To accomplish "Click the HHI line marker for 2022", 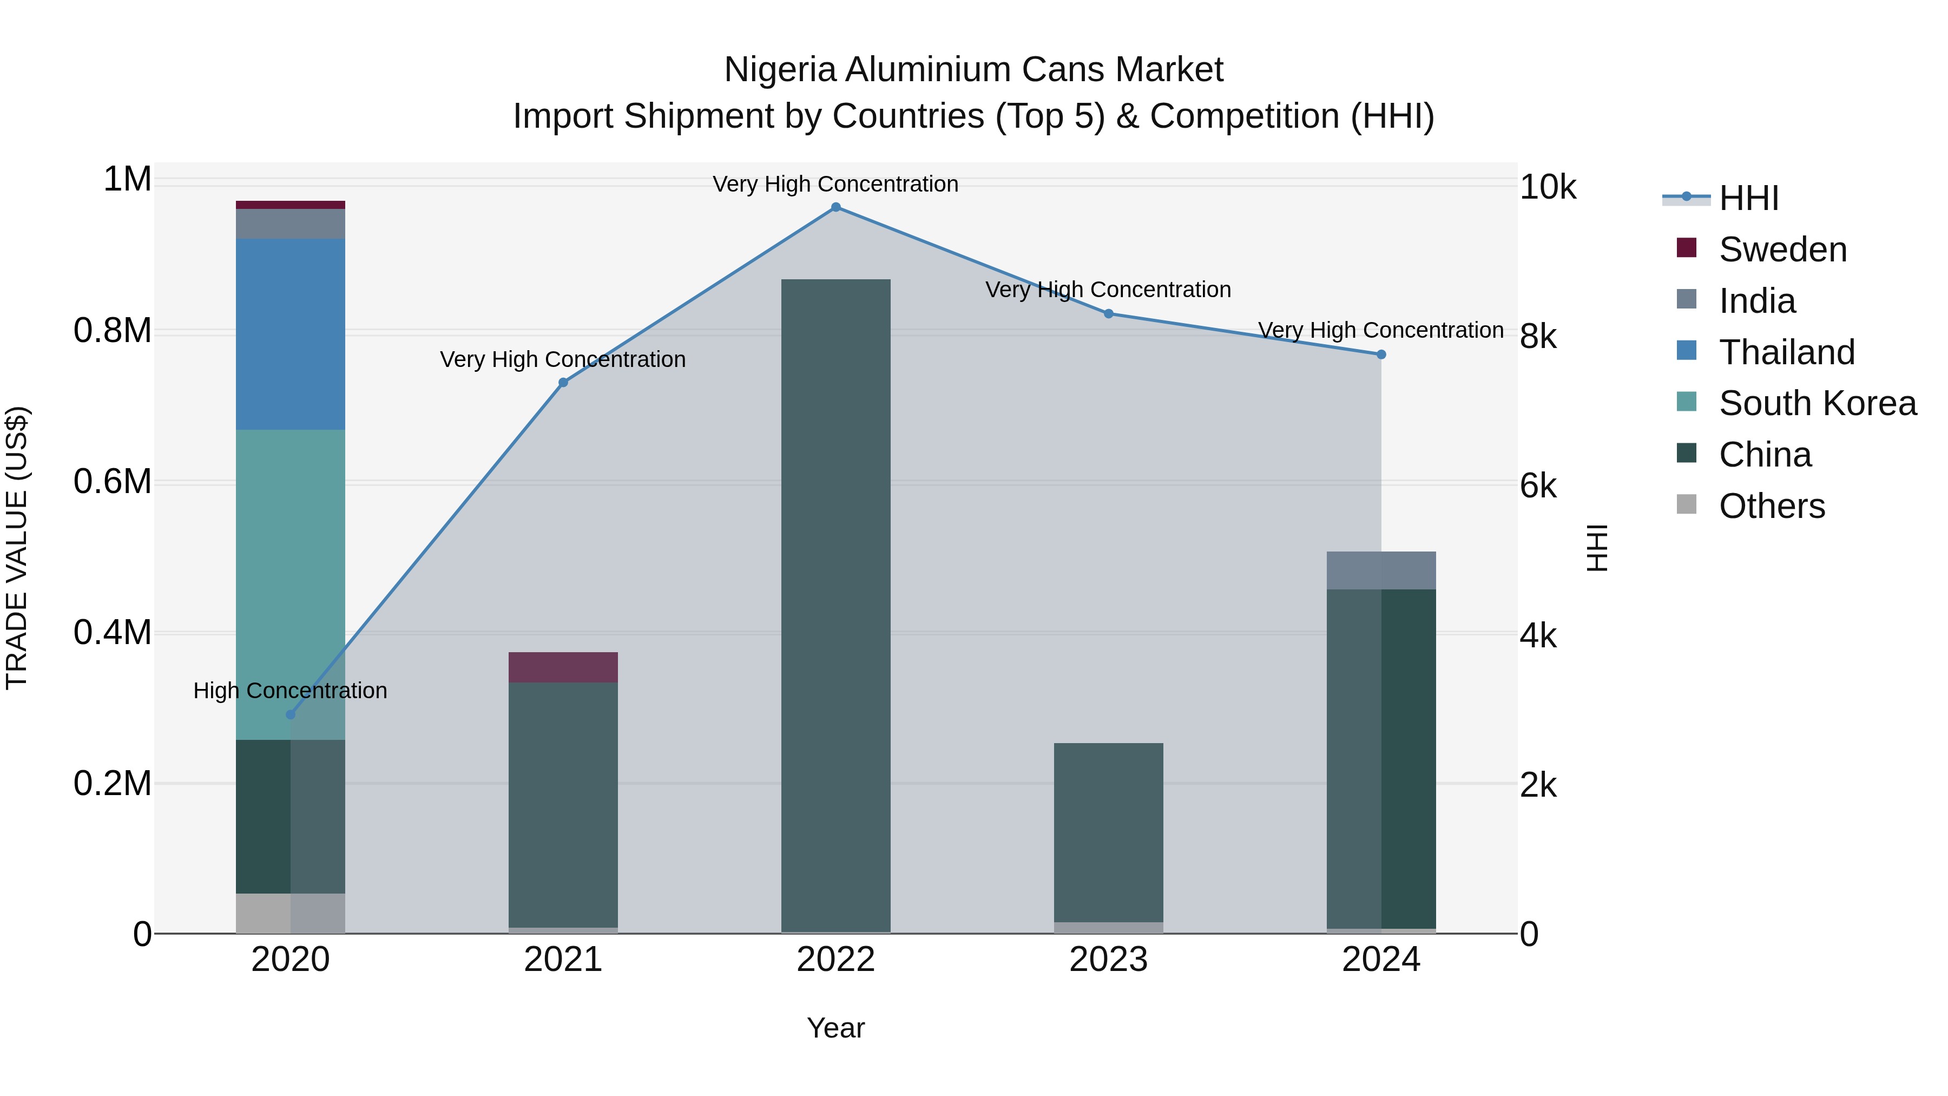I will point(835,207).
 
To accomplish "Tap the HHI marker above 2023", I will point(1109,314).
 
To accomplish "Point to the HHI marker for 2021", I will point(563,383).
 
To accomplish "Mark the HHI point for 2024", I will point(1381,355).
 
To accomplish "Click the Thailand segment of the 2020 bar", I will point(291,334).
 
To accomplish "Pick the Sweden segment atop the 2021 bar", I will point(563,668).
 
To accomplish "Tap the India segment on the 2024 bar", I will point(1381,570).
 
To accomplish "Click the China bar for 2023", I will point(1109,832).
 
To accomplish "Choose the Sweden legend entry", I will point(1782,250).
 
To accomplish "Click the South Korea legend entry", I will point(1817,403).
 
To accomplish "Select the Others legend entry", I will point(1771,506).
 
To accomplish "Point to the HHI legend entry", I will point(1748,198).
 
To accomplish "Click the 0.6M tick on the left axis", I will point(113,482).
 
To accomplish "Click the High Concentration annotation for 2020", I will point(291,691).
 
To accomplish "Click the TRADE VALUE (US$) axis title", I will point(17,548).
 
